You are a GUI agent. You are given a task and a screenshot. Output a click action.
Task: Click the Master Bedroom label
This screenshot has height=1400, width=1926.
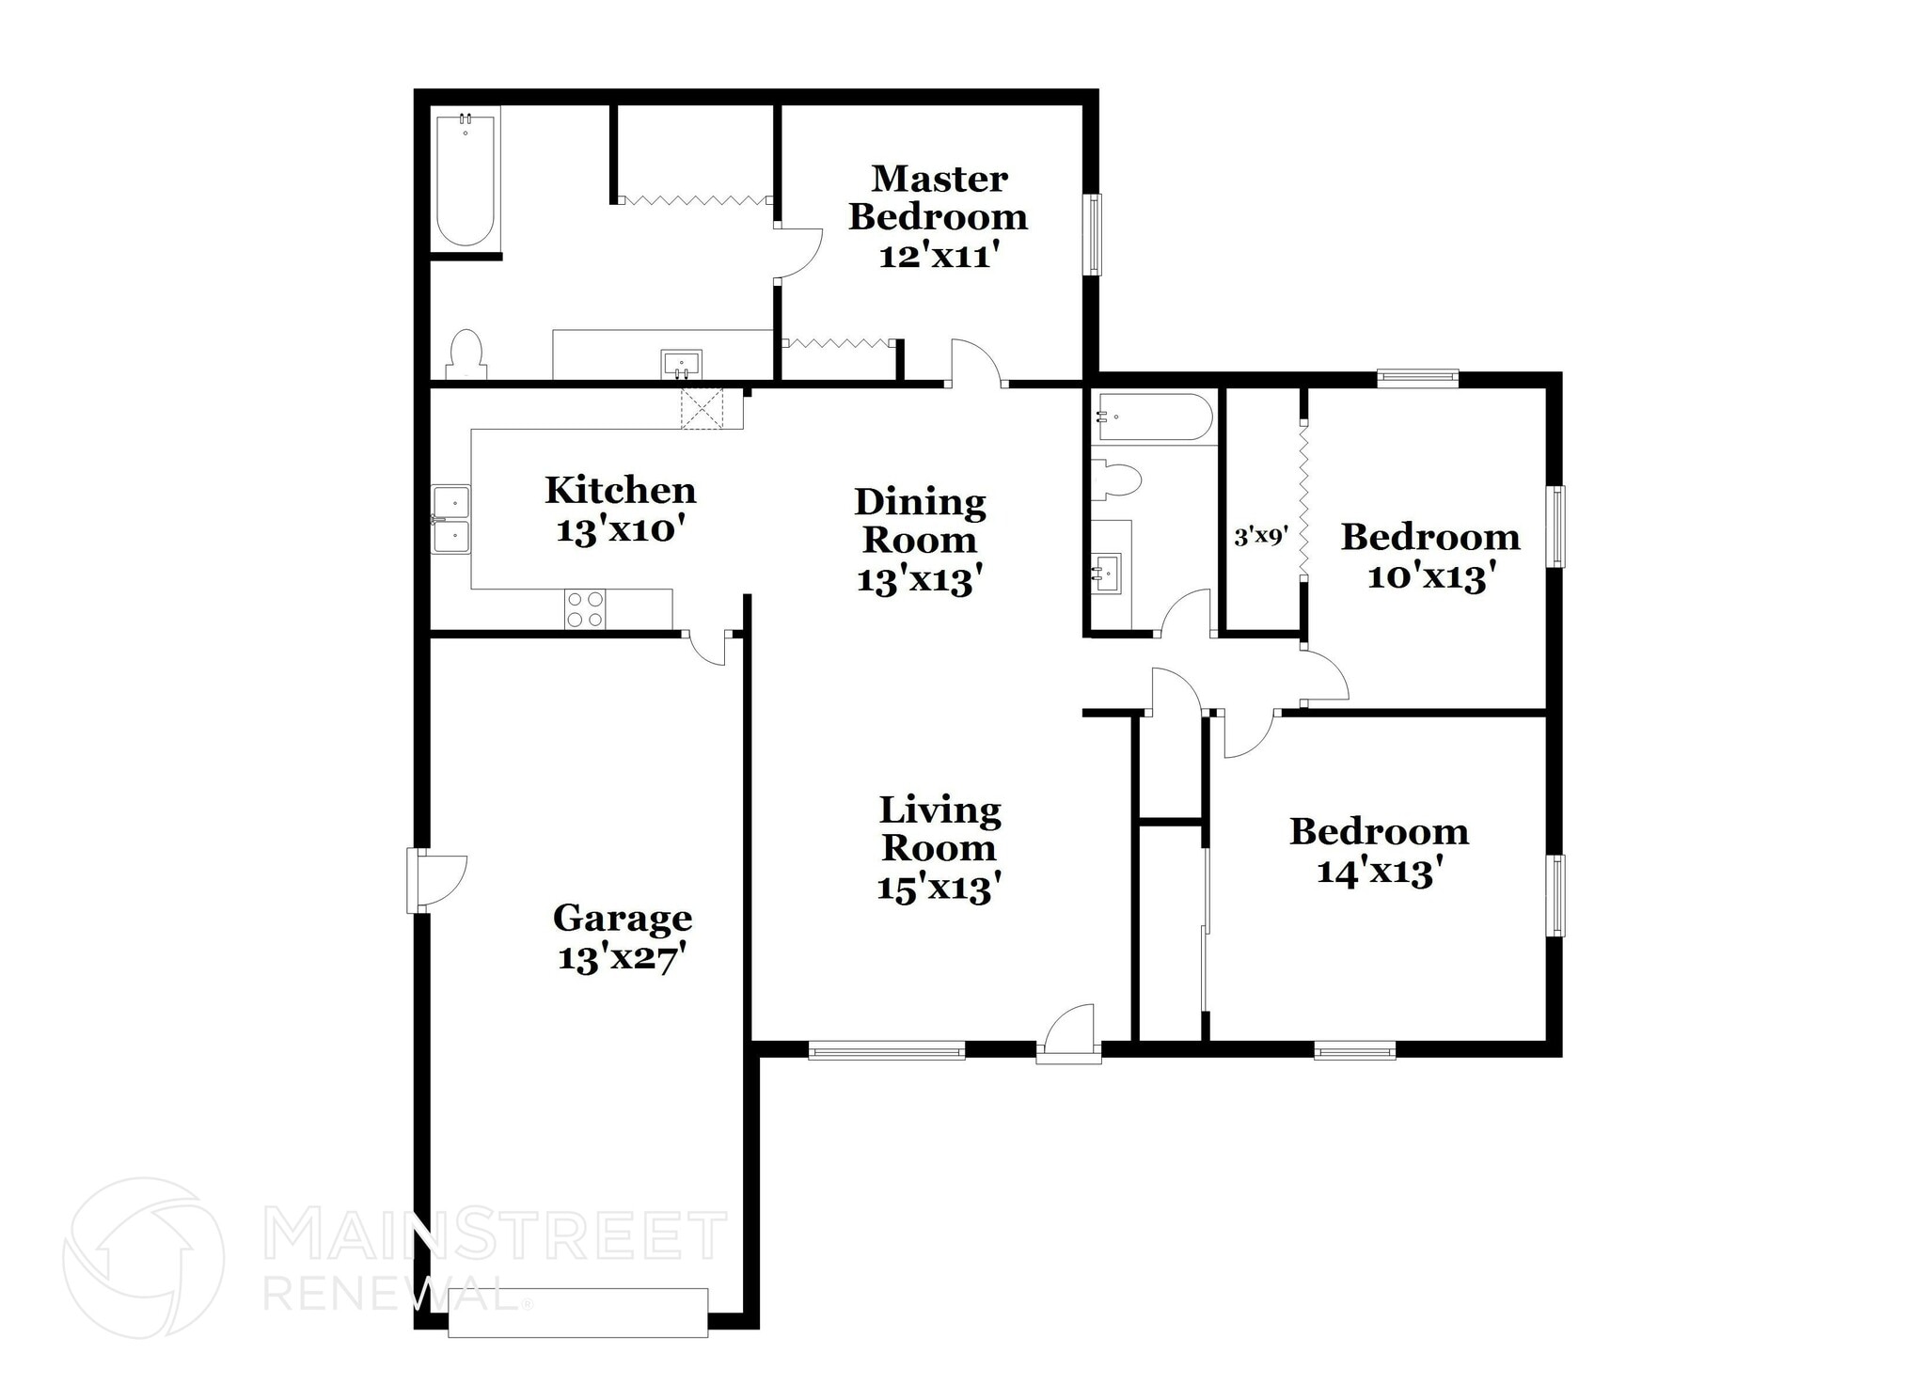point(938,197)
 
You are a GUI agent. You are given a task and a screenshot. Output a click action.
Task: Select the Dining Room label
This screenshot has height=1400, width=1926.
point(920,520)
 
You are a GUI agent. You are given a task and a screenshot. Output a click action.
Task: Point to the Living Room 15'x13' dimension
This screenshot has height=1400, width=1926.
point(938,889)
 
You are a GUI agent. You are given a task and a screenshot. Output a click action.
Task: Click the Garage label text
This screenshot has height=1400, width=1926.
point(622,917)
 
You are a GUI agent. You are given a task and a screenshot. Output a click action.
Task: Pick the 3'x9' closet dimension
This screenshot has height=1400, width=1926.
point(1259,537)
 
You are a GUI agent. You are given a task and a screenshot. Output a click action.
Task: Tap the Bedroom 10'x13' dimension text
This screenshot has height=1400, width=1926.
point(1430,576)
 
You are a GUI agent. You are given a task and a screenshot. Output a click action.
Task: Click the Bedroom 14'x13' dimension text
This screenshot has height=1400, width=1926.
point(1380,873)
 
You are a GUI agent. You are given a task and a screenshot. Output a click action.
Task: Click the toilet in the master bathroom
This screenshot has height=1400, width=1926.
point(466,354)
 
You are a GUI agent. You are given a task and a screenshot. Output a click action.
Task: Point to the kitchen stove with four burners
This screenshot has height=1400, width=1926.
point(585,608)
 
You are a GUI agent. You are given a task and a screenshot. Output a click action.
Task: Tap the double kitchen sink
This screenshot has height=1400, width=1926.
point(451,519)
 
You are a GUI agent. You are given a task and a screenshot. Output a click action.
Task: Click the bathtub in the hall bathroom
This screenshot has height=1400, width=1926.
point(1153,417)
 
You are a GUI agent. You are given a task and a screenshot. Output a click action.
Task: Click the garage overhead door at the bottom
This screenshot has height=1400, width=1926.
point(577,1313)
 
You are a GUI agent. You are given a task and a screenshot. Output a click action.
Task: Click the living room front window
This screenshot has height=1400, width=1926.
point(887,1049)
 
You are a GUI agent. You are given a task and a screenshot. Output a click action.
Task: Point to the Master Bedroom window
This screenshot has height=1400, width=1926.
point(1093,234)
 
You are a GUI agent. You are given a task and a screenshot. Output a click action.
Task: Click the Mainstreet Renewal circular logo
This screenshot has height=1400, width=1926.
point(143,1257)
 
